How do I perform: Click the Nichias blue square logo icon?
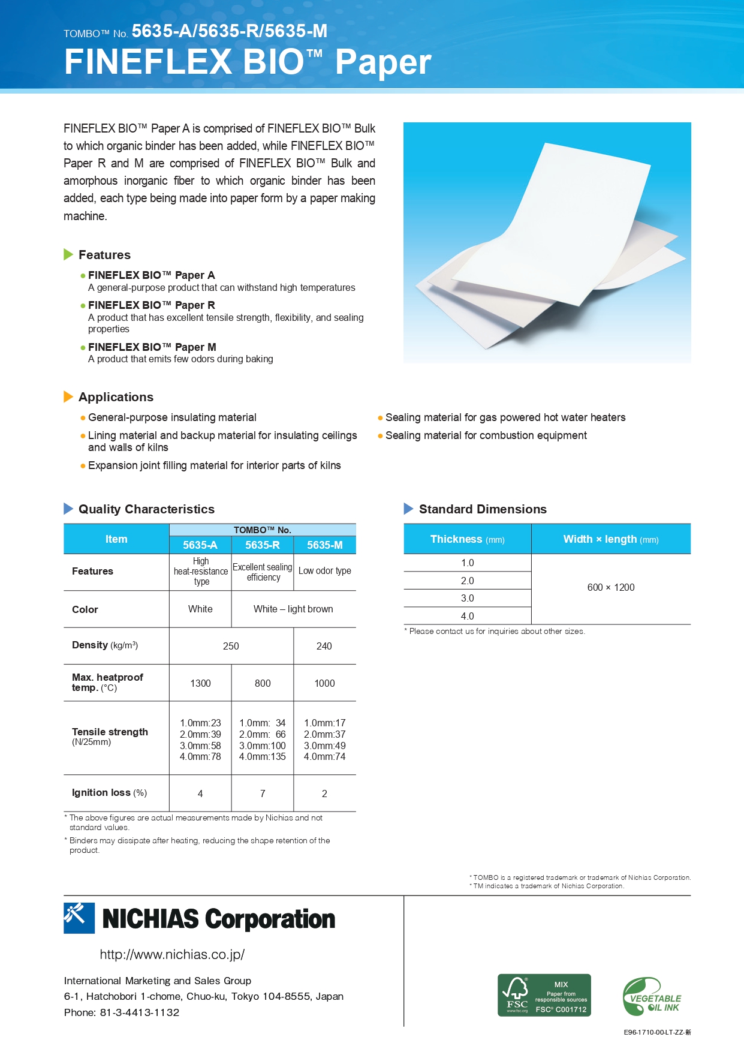(x=79, y=918)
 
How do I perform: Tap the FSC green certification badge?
(x=544, y=995)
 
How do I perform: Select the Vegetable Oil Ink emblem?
(x=652, y=997)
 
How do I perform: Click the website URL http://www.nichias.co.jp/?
(x=172, y=954)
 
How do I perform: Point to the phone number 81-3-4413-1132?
(x=139, y=1012)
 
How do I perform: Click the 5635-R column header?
(x=263, y=545)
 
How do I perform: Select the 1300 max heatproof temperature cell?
(x=200, y=683)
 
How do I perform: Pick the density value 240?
(x=324, y=646)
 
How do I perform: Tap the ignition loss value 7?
(x=263, y=793)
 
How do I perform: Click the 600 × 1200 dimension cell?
(x=611, y=588)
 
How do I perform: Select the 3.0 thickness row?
(x=468, y=598)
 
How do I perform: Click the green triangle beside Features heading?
(x=68, y=254)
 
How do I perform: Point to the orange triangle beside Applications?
(x=68, y=396)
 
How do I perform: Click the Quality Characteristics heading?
(x=146, y=509)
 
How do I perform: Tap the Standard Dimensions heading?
(x=483, y=509)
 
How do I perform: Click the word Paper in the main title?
(x=383, y=62)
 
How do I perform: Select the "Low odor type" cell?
(x=325, y=571)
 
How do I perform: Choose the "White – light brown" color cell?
(x=293, y=609)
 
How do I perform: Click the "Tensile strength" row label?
(x=110, y=732)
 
